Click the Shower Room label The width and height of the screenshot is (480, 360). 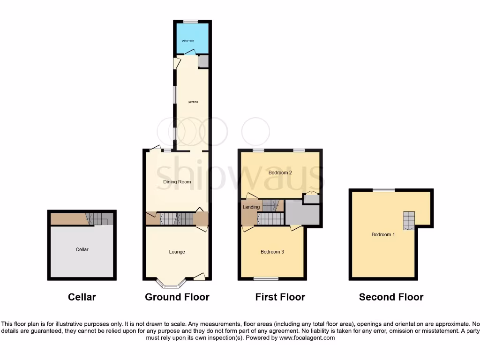(188, 41)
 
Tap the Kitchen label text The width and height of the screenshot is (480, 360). (193, 102)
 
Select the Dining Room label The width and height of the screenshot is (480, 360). (177, 182)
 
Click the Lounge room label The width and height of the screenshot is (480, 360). (177, 252)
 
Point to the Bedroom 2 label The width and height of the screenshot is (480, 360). (280, 172)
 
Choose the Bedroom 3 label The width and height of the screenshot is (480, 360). (272, 252)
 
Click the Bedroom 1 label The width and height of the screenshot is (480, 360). (383, 234)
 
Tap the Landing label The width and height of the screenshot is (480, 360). (251, 207)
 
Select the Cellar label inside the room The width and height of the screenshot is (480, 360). (82, 249)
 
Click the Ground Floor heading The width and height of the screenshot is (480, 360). (177, 297)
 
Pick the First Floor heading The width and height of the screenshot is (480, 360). (280, 297)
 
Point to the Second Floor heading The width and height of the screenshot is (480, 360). (391, 297)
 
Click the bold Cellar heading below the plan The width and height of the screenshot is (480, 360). (82, 297)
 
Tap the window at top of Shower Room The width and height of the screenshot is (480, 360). (190, 22)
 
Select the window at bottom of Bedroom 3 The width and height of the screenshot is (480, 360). (266, 279)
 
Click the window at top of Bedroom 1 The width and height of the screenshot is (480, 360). (383, 190)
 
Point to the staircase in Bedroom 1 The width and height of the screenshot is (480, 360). (409, 221)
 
